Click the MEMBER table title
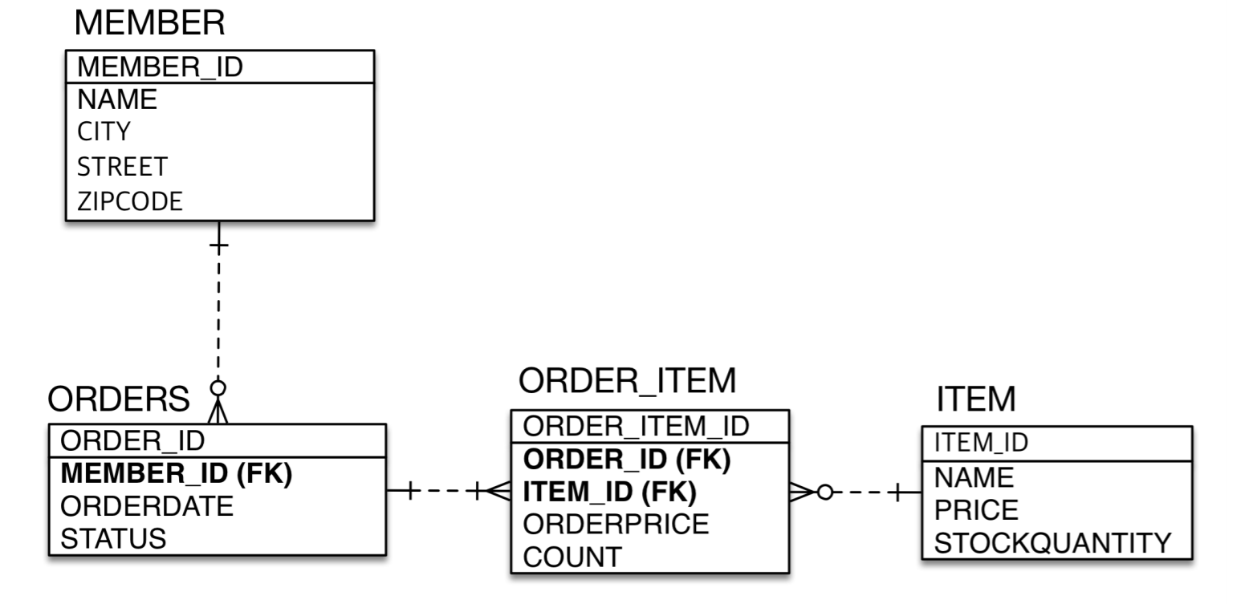pyautogui.click(x=149, y=24)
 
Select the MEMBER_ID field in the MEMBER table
pyautogui.click(x=160, y=67)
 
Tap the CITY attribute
pyautogui.click(x=104, y=131)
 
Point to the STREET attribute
pyautogui.click(x=122, y=166)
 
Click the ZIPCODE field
pyautogui.click(x=129, y=201)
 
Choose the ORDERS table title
pyautogui.click(x=119, y=398)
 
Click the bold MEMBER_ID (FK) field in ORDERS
pyautogui.click(x=177, y=474)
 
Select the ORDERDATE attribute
pyautogui.click(x=147, y=506)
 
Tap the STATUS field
pyautogui.click(x=113, y=538)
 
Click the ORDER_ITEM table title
pyautogui.click(x=627, y=382)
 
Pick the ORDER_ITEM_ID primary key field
pyautogui.click(x=636, y=426)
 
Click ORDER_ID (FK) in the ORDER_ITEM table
pyautogui.click(x=627, y=459)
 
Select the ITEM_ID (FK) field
pyautogui.click(x=609, y=491)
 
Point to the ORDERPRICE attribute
pyautogui.click(x=616, y=524)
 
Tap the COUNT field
pyautogui.click(x=572, y=557)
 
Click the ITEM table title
pyautogui.click(x=976, y=399)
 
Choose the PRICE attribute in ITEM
pyautogui.click(x=976, y=510)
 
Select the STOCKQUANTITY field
pyautogui.click(x=1052, y=543)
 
